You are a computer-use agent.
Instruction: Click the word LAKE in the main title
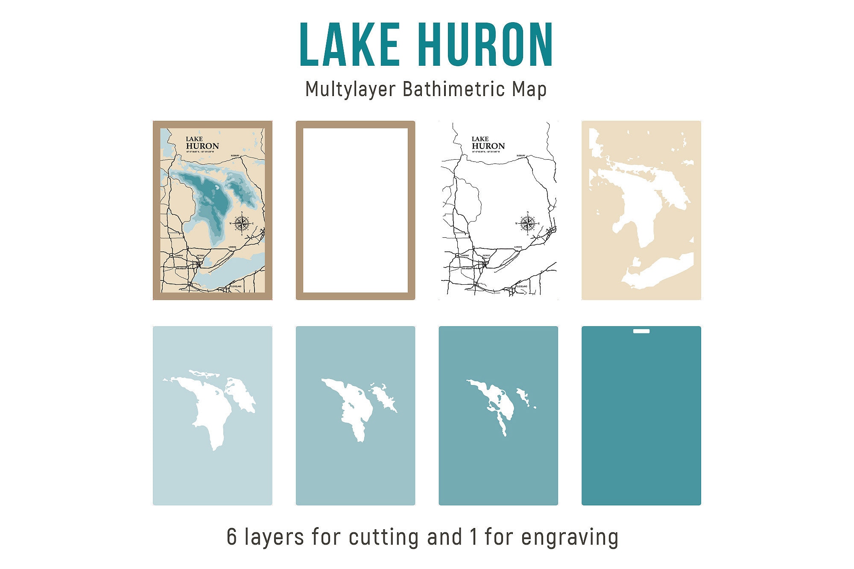(350, 45)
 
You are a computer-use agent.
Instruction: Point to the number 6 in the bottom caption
(231, 537)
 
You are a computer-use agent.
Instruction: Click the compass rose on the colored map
(242, 223)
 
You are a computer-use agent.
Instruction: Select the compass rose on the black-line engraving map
(528, 223)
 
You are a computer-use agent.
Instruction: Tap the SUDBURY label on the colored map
(234, 156)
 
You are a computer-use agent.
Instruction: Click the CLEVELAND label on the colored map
(236, 286)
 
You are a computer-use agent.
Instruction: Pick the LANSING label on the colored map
(179, 256)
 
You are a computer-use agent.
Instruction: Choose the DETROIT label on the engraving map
(486, 256)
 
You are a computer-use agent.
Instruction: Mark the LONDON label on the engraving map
(518, 247)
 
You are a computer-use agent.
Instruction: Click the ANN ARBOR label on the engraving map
(466, 268)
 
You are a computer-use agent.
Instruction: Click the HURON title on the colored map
(202, 146)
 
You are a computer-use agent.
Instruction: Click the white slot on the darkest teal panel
(641, 331)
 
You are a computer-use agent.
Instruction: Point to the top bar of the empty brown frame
(355, 124)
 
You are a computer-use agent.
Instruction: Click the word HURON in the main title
(488, 45)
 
